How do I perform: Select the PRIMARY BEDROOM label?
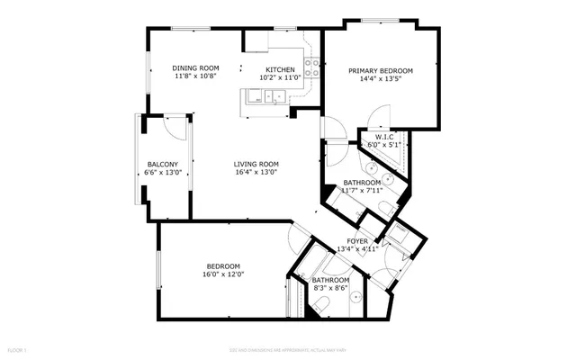[380, 70]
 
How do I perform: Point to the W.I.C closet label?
[384, 137]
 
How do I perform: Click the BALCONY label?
[162, 164]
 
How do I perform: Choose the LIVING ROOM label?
[256, 164]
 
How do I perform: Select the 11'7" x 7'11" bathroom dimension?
[363, 190]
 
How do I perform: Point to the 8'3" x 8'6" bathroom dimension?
[331, 288]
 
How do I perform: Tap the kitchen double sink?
[262, 97]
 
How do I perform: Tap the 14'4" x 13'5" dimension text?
[380, 78]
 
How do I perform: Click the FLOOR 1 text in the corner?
[17, 348]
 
